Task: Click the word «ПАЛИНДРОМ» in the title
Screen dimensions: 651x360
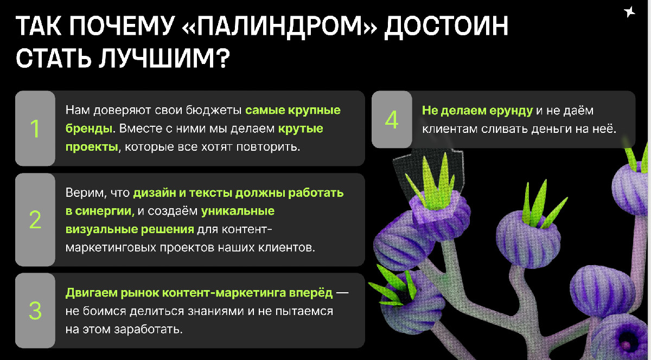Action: pyautogui.click(x=279, y=26)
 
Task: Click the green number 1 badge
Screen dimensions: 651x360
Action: pyautogui.click(x=35, y=128)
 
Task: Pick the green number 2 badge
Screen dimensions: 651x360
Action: pyautogui.click(x=35, y=220)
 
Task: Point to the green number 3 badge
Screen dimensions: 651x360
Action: pyautogui.click(x=35, y=311)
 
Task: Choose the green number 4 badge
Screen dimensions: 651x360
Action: pyautogui.click(x=392, y=120)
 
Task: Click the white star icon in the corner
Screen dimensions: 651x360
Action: pyautogui.click(x=629, y=11)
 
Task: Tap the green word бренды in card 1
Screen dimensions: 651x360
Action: pyautogui.click(x=88, y=128)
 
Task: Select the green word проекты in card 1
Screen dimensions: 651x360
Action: pyautogui.click(x=92, y=147)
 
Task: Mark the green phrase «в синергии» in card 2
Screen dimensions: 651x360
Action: pyautogui.click(x=99, y=211)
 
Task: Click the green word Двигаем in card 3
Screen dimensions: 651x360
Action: pyautogui.click(x=91, y=293)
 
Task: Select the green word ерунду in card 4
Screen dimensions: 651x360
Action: pyautogui.click(x=511, y=111)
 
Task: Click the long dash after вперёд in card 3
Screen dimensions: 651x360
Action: pyautogui.click(x=342, y=293)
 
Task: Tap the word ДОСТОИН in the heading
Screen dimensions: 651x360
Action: pyautogui.click(x=446, y=26)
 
